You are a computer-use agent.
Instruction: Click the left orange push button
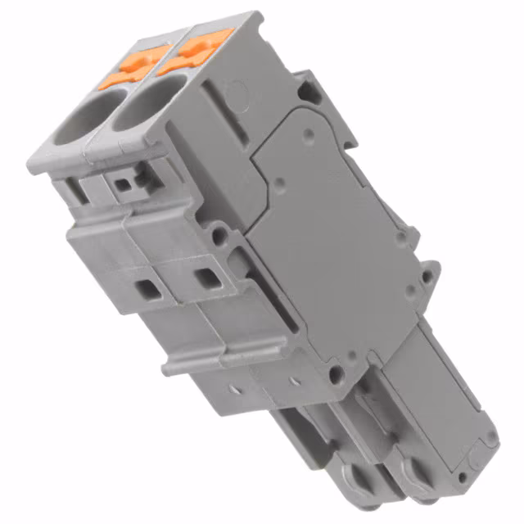click(x=134, y=65)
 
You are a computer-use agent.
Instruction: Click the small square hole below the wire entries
click(x=124, y=184)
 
